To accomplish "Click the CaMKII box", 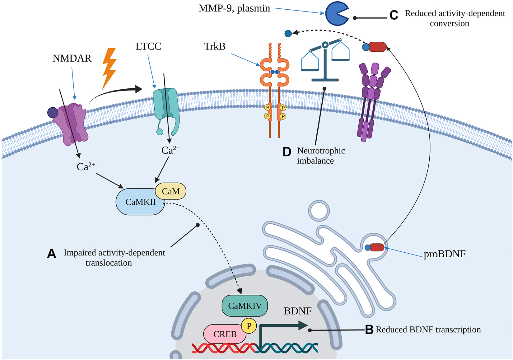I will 140,202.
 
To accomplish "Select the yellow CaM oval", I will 170,191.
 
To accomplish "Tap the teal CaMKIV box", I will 245,306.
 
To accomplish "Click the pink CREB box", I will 225,334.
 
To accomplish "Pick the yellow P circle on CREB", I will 249,326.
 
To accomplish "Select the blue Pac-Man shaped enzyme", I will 336,13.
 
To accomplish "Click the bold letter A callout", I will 52,254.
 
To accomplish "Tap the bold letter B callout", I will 369,330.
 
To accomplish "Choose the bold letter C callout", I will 394,15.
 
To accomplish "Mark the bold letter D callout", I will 287,152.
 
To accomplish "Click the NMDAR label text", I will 72,58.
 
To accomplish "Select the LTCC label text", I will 148,46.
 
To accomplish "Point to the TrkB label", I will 215,46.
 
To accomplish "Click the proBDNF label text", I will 445,254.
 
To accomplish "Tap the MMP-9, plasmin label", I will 234,8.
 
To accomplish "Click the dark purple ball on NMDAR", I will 53,112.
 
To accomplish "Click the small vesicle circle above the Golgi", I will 319,211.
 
